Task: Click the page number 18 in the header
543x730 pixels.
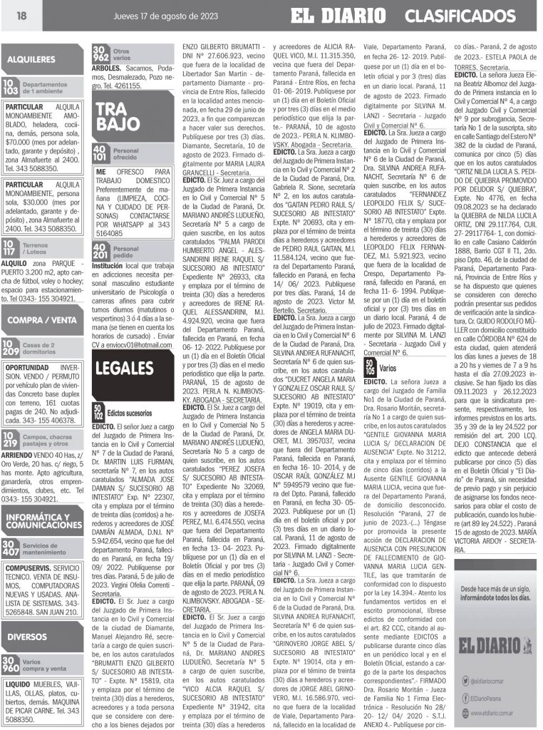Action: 21,17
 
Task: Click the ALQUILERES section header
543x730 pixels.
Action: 31,59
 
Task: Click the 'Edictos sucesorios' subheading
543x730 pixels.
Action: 129,413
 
